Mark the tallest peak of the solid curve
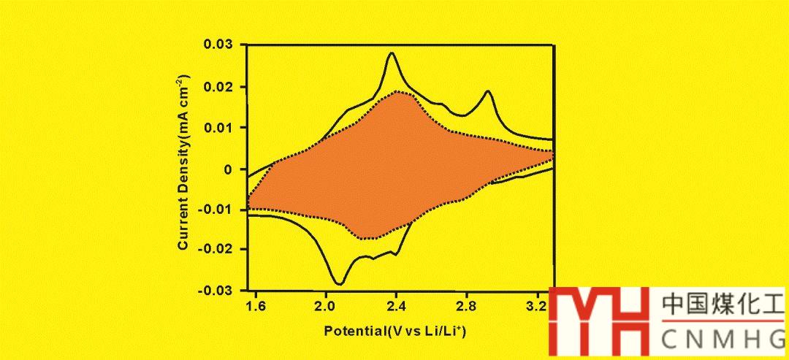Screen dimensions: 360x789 [392, 53]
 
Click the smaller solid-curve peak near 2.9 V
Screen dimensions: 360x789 [487, 91]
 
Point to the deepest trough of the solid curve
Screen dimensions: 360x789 [339, 283]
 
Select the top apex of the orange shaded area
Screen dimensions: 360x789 [397, 91]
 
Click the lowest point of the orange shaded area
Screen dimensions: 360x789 [363, 238]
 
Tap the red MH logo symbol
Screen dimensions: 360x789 [598, 321]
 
